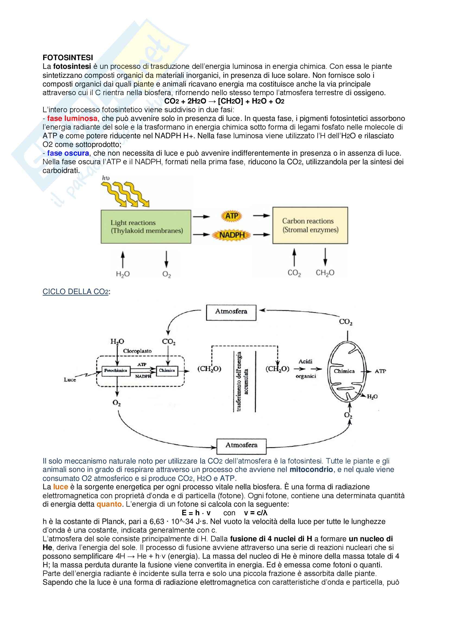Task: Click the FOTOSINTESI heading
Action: click(x=68, y=57)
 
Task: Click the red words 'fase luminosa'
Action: click(x=72, y=118)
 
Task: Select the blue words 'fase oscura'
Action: click(x=68, y=153)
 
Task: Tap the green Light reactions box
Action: click(x=146, y=226)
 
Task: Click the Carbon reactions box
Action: click(x=310, y=225)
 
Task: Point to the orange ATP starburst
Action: click(x=231, y=216)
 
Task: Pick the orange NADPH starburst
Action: click(x=232, y=235)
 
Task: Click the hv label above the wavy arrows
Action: click(x=106, y=178)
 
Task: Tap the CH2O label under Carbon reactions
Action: click(x=325, y=273)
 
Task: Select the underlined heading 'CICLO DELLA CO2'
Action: click(x=75, y=292)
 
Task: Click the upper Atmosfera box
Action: click(x=231, y=312)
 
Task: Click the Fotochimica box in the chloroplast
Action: click(x=116, y=371)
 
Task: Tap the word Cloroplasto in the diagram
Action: click(x=137, y=351)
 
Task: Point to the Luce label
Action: click(x=70, y=380)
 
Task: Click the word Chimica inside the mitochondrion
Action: click(x=344, y=371)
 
